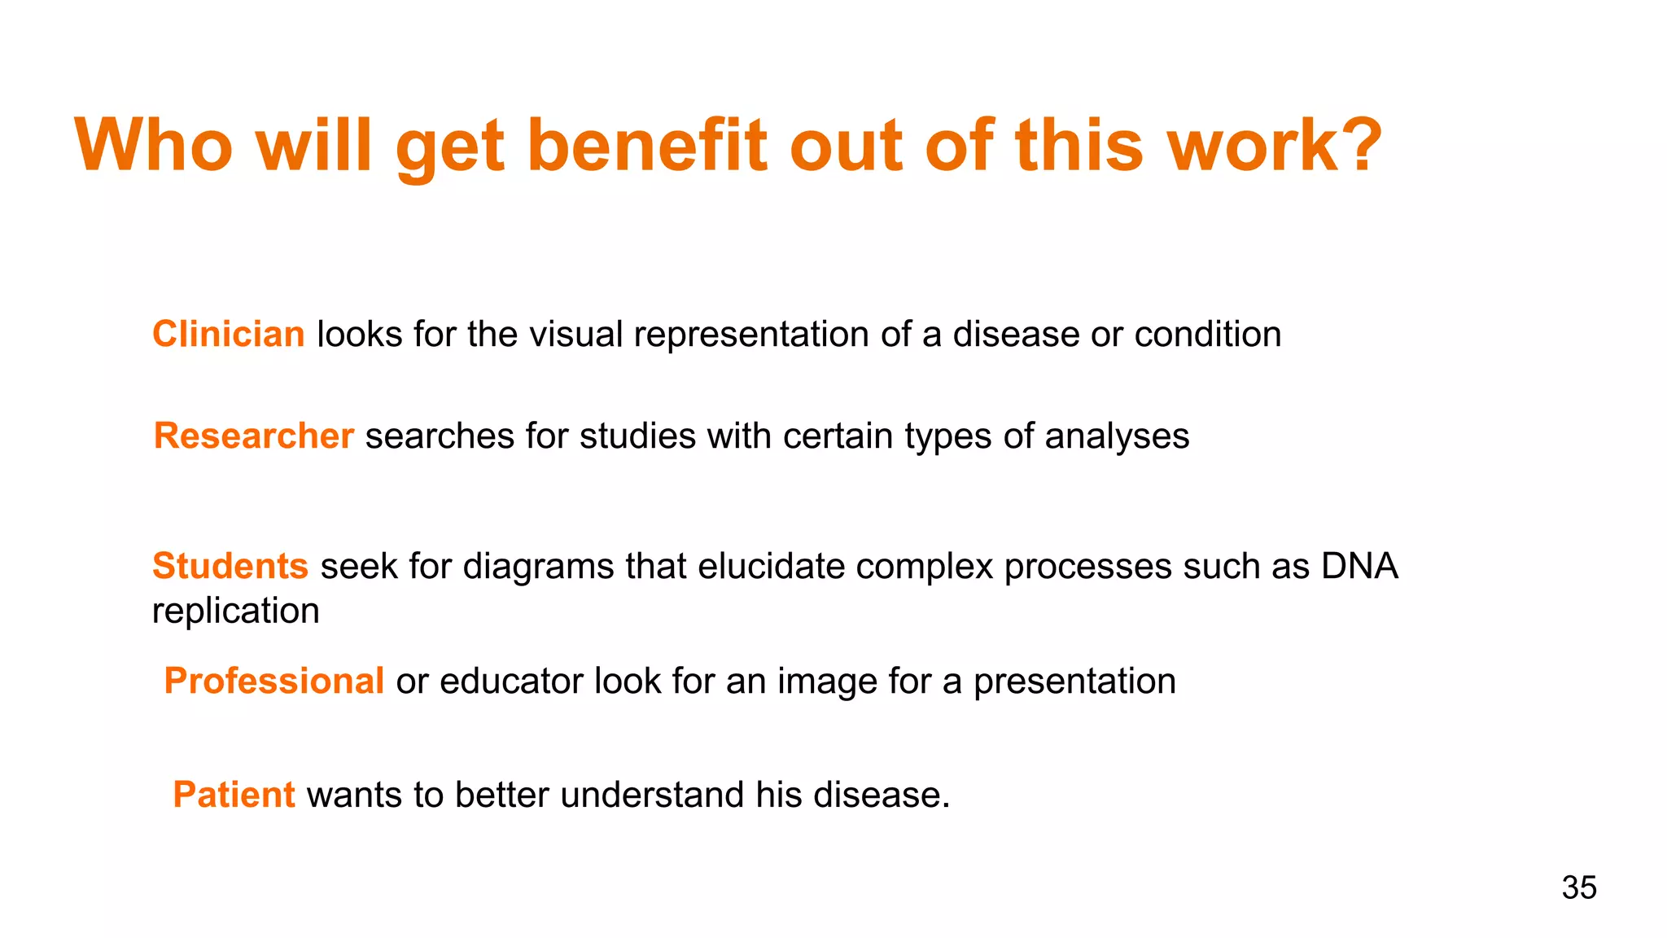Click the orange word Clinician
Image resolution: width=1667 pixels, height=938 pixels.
tap(228, 335)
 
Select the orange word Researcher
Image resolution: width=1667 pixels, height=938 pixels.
tap(254, 436)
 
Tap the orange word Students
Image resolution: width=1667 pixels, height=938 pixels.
tap(230, 566)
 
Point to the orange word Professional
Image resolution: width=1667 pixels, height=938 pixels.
tap(274, 681)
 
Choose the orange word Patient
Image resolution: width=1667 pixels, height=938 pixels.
tap(234, 795)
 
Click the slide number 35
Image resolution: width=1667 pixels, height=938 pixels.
tap(1578, 888)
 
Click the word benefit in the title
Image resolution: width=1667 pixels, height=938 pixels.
tap(647, 146)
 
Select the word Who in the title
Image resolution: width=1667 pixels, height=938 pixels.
tap(154, 146)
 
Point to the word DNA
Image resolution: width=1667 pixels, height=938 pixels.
tap(1359, 566)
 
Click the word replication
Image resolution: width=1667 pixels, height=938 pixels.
tap(236, 611)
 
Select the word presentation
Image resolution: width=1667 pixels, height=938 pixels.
tap(1074, 682)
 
